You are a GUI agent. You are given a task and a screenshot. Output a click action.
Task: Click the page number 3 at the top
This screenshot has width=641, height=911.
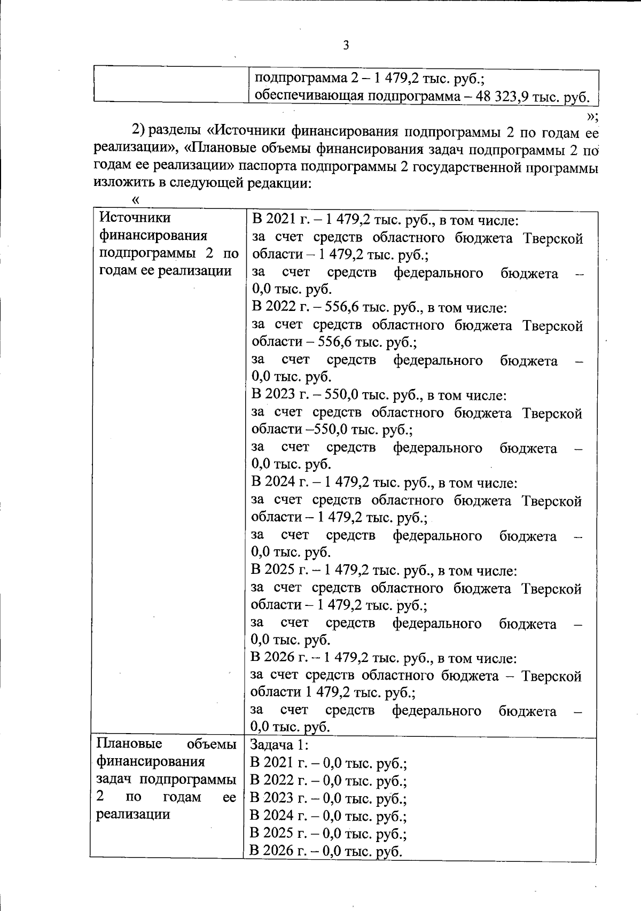(x=346, y=45)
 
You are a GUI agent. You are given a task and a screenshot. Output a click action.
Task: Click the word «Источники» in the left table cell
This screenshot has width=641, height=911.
(x=136, y=217)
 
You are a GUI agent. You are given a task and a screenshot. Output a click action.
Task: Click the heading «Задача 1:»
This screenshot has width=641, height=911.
(x=279, y=745)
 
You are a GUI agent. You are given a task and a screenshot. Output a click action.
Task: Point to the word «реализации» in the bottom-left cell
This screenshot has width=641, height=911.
(x=133, y=814)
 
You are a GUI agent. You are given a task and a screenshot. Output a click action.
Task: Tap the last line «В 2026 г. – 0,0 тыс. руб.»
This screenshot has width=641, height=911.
(x=326, y=851)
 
